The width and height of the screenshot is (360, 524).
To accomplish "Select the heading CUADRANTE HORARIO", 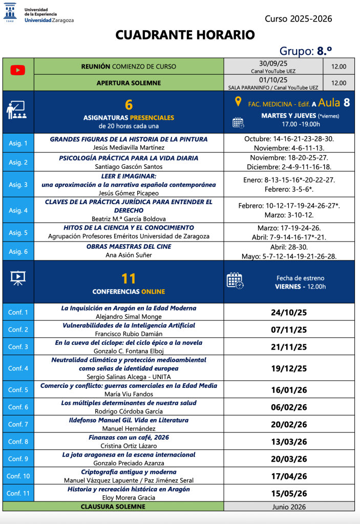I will [x=185, y=35].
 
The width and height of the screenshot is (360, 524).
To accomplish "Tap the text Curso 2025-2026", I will [x=298, y=19].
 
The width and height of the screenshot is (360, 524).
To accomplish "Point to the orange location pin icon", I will [x=238, y=101].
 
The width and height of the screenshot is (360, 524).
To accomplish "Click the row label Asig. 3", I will [x=18, y=184].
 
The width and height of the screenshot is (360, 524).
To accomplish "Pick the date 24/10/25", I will [x=289, y=313].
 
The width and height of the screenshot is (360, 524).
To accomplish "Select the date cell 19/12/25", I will [x=289, y=368].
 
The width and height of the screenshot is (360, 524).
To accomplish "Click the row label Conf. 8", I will [x=18, y=442].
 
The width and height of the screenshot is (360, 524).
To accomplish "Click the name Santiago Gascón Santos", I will [x=129, y=166].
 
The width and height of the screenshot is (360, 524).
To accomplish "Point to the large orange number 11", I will [x=129, y=278].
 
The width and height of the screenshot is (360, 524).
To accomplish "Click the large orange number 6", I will [x=129, y=104].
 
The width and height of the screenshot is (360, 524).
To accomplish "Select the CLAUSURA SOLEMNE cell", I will [x=113, y=507].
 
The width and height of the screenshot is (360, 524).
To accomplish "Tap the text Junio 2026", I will [x=289, y=507].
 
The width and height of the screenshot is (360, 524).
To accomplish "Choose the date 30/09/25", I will [x=273, y=63].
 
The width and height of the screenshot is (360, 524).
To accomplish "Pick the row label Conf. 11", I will [x=18, y=493].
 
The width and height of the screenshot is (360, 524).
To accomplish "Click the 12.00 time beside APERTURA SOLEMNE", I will [x=338, y=83].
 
